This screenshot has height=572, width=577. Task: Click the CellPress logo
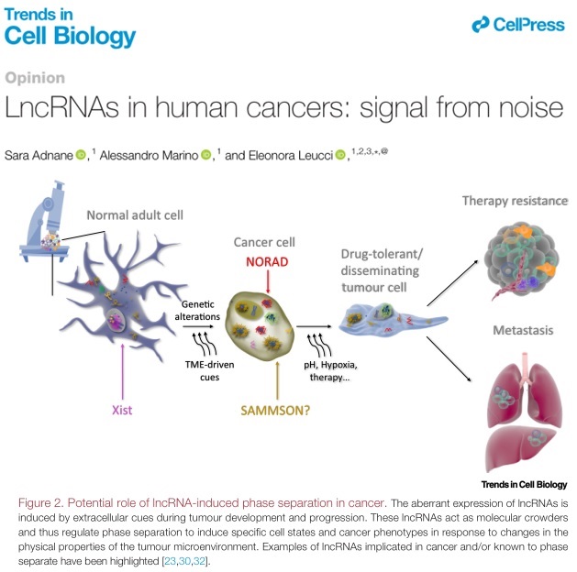click(x=518, y=25)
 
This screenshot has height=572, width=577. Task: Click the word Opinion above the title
click(x=35, y=78)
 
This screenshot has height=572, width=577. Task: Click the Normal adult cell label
click(x=135, y=215)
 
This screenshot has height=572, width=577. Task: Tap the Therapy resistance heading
click(x=515, y=201)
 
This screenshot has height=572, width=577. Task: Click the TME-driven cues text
click(x=210, y=372)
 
